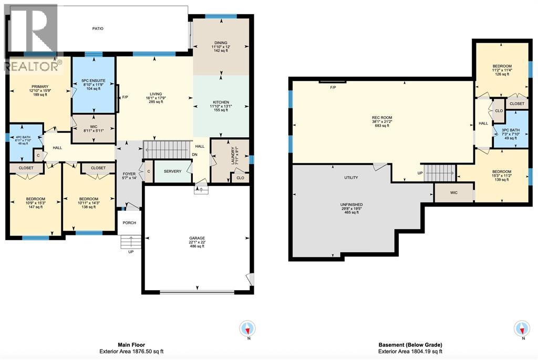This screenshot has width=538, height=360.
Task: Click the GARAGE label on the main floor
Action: pyautogui.click(x=198, y=238)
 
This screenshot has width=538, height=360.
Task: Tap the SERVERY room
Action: pyautogui.click(x=172, y=172)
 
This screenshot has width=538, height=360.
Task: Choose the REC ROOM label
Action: pyautogui.click(x=382, y=117)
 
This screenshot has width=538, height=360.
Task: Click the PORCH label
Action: pyautogui.click(x=129, y=223)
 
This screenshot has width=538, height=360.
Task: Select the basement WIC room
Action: pyautogui.click(x=453, y=193)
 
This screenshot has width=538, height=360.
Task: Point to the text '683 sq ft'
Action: pyautogui.click(x=382, y=126)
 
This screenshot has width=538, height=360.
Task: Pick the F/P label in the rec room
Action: pyautogui.click(x=333, y=87)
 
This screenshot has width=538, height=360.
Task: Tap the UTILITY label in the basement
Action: pyautogui.click(x=351, y=178)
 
